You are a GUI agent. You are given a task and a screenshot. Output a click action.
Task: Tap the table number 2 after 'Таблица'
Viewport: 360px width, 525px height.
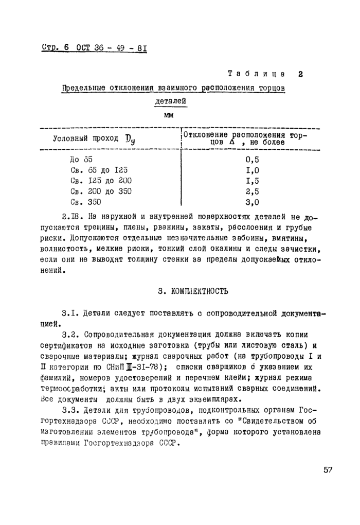coord(300,74)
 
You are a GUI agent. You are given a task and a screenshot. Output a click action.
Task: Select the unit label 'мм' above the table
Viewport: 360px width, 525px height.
coord(168,115)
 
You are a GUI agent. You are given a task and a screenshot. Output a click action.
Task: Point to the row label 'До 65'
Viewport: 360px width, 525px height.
coord(81,160)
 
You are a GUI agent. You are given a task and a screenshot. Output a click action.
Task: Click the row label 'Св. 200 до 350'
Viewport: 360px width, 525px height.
coord(101,191)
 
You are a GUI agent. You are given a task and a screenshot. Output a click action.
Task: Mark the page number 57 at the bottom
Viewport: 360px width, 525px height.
coord(330,469)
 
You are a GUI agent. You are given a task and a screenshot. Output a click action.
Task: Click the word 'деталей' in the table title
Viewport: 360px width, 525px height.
coord(170,102)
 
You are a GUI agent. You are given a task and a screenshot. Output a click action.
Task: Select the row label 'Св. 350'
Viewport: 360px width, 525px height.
coord(85,202)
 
